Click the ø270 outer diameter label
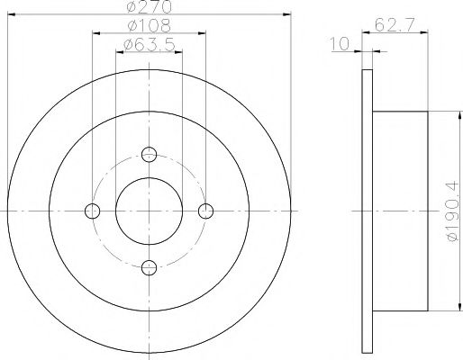(149, 6)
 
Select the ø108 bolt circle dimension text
(149, 25)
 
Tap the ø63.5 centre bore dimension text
(149, 44)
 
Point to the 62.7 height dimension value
(390, 25)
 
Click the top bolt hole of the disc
(149, 154)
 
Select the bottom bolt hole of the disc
(149, 266)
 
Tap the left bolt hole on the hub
(92, 211)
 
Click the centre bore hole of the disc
(149, 211)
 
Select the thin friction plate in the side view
(367, 211)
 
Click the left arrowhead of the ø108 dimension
(95, 33)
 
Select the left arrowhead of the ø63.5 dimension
(118, 52)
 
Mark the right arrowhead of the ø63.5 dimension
(179, 52)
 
